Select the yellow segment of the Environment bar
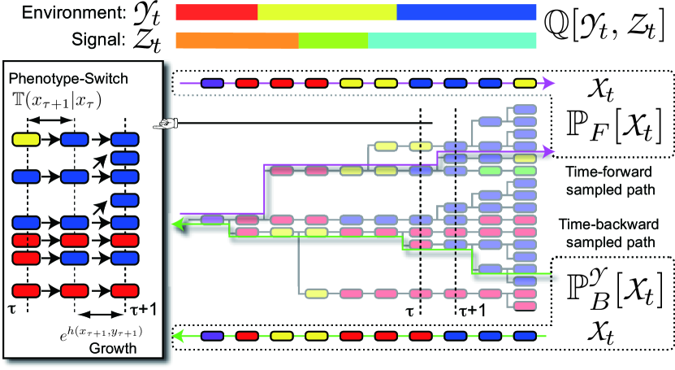[327, 12]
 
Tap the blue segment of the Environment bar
[466, 12]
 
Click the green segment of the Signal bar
[333, 39]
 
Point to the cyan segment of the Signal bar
[452, 39]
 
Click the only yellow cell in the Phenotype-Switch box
[27, 141]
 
